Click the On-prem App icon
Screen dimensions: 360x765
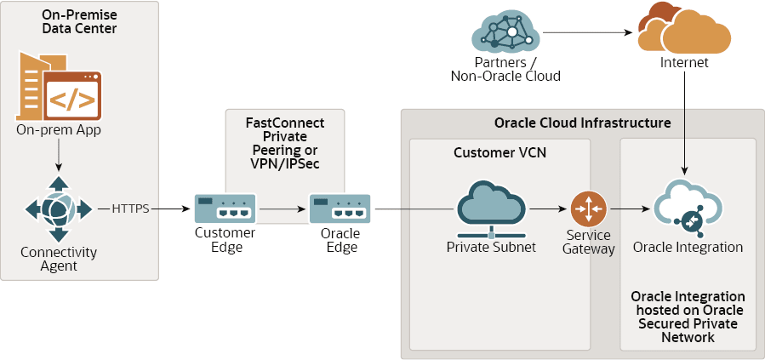[59, 87]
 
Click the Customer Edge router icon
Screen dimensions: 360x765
[226, 209]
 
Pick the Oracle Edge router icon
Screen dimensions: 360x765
[340, 209]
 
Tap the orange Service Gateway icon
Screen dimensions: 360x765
[588, 209]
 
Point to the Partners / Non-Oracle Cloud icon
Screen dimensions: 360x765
[506, 32]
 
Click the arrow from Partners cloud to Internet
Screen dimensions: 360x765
[587, 33]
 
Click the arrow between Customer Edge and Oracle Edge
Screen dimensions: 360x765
[283, 208]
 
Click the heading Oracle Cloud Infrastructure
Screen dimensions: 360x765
[582, 123]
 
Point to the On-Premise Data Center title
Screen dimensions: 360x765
[79, 21]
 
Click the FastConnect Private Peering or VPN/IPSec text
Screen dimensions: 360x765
[285, 141]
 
